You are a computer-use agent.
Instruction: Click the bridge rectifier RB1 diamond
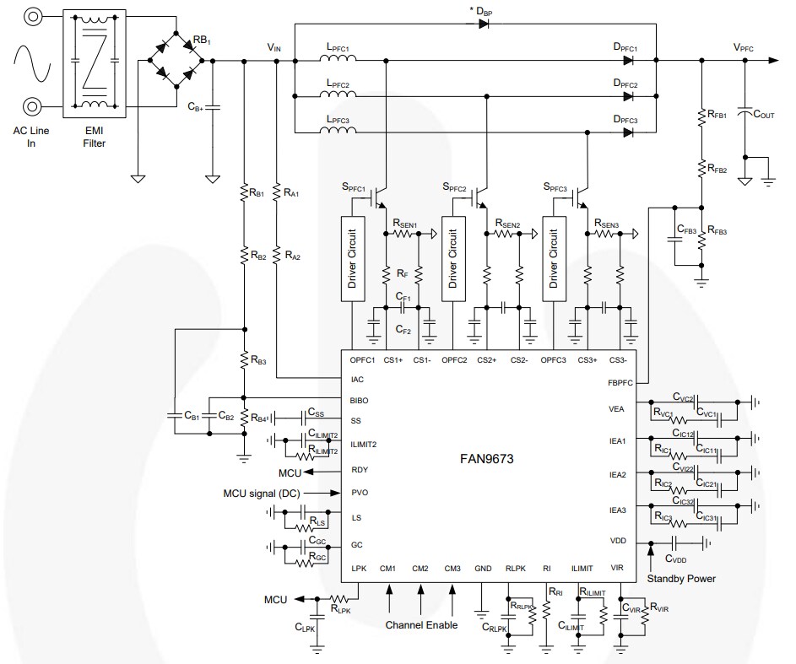click(x=176, y=61)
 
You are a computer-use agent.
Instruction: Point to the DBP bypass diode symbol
click(x=484, y=24)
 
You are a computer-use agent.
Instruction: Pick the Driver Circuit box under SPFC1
click(x=351, y=257)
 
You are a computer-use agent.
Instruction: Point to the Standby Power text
click(x=680, y=578)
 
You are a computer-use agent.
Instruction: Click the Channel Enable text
click(x=422, y=625)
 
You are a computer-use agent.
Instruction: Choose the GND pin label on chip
click(x=483, y=569)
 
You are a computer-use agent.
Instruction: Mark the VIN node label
click(x=274, y=48)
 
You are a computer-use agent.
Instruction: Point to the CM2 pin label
click(x=420, y=569)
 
